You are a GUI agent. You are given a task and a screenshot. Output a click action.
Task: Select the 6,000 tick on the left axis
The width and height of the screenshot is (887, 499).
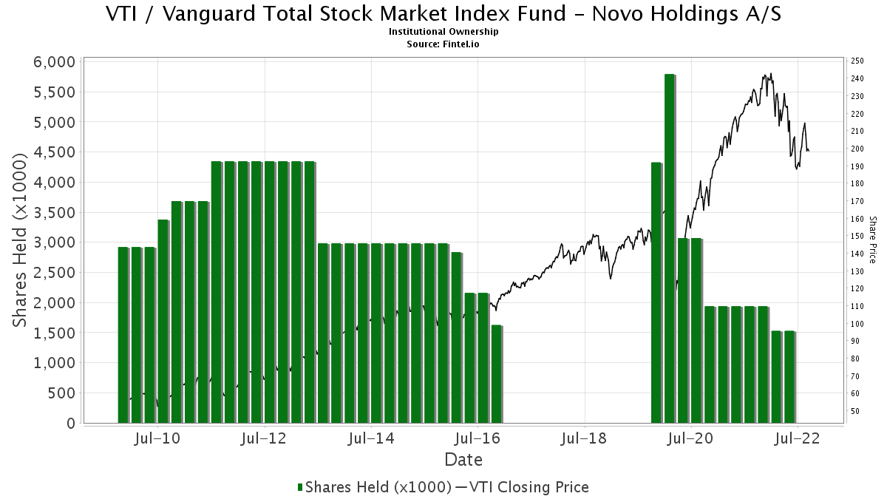pos(55,62)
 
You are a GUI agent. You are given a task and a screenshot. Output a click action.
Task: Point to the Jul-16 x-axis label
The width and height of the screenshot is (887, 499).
pos(477,438)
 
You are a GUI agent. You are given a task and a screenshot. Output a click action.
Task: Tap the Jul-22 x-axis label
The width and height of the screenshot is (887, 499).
pos(795,438)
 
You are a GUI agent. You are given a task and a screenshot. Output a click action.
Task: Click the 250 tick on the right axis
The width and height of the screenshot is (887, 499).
pos(857,61)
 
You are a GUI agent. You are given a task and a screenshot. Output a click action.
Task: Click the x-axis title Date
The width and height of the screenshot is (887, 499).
pos(463,460)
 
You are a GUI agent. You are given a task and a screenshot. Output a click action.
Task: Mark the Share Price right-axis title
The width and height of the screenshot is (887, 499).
pos(873,240)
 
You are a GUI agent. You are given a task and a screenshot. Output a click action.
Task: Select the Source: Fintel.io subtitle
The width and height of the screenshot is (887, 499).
pos(443,44)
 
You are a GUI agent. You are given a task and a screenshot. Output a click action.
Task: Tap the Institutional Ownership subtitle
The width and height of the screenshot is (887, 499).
pos(443,32)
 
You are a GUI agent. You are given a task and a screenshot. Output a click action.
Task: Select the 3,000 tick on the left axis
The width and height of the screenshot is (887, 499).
pos(55,242)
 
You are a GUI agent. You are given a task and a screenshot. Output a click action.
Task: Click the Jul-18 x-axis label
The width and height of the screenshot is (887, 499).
pos(584,438)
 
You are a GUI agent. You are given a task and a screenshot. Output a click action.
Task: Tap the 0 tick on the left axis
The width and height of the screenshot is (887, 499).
pos(71,424)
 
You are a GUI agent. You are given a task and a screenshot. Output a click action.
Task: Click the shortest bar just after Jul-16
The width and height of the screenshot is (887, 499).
pos(497,374)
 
